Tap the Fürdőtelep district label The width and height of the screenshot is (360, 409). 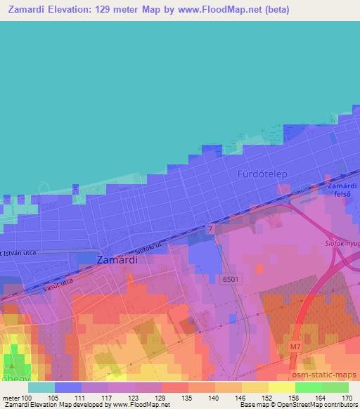click(264, 173)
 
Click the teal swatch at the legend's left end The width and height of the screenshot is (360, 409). click(41, 387)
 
